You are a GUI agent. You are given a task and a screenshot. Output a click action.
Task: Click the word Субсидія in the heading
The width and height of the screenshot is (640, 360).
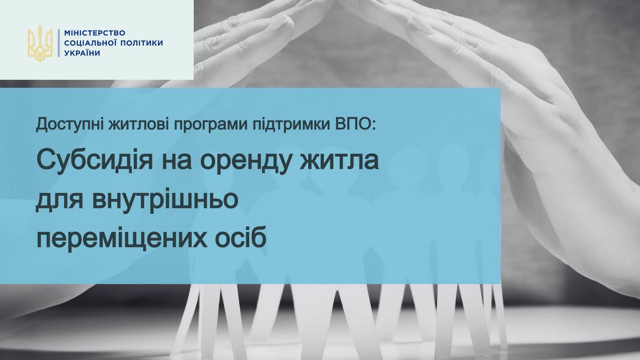tap(90, 160)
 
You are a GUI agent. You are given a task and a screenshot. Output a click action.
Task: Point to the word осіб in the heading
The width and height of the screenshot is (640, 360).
tap(242, 239)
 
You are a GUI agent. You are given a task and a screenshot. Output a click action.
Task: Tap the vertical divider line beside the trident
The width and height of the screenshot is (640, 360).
tap(59, 44)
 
